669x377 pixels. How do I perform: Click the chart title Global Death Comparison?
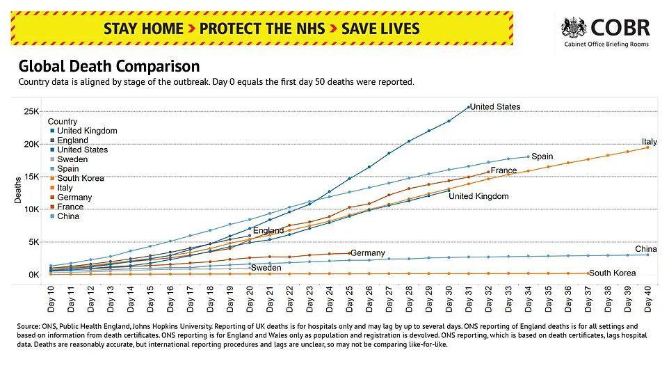tap(109, 67)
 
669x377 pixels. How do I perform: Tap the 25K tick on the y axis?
tap(32, 111)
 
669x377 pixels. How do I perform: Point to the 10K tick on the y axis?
tap(32, 209)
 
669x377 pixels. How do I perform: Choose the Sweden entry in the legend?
tap(72, 159)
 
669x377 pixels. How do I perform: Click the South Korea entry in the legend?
tap(80, 178)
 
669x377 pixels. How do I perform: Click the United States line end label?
tap(495, 106)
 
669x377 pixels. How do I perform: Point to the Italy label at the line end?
tap(649, 142)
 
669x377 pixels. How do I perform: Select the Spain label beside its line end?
tap(542, 157)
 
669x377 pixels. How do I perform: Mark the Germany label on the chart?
tap(368, 253)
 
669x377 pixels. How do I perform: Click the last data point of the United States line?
tap(469, 106)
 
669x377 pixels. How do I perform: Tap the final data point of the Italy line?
tap(647, 147)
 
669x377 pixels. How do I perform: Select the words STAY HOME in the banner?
tap(143, 29)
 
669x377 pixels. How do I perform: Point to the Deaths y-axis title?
tap(19, 190)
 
